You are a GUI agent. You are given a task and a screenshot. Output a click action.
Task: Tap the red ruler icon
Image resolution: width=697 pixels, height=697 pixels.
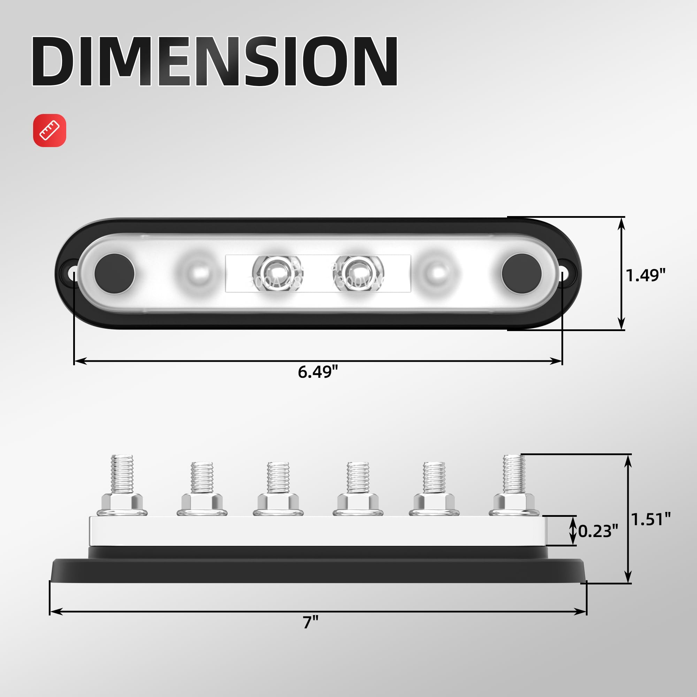tap(50, 130)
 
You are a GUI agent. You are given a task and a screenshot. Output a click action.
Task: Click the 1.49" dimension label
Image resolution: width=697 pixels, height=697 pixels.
tap(645, 275)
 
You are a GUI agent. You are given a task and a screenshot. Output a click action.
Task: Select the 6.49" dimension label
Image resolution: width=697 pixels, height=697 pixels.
tap(317, 372)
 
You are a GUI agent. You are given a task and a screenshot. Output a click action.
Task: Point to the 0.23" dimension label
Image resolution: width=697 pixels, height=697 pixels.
tap(598, 531)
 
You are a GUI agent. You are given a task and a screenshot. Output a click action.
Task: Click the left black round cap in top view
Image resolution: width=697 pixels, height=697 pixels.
tap(114, 274)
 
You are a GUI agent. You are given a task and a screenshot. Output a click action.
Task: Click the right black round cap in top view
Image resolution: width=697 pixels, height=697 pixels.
tap(521, 274)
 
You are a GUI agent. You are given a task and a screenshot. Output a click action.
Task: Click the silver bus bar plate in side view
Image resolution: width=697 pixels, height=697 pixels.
tap(317, 531)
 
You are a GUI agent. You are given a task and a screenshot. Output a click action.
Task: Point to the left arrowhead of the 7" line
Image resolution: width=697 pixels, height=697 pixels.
tap(56, 612)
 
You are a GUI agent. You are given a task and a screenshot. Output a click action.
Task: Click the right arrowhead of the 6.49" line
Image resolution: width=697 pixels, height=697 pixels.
tap(556, 361)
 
